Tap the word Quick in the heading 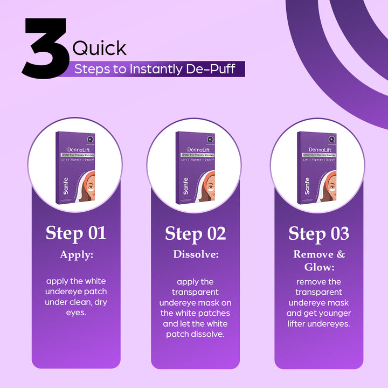pyautogui.click(x=99, y=48)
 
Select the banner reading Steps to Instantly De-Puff pyautogui.click(x=154, y=69)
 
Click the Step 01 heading pyautogui.click(x=76, y=233)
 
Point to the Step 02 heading pyautogui.click(x=195, y=233)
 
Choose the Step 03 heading pyautogui.click(x=318, y=233)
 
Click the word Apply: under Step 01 pyautogui.click(x=76, y=255)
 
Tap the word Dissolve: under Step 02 pyautogui.click(x=195, y=254)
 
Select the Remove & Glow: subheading pyautogui.click(x=318, y=260)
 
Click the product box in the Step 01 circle pyautogui.click(x=76, y=168)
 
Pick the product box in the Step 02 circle pyautogui.click(x=195, y=168)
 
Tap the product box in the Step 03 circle pyautogui.click(x=318, y=168)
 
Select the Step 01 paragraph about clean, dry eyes pyautogui.click(x=76, y=297)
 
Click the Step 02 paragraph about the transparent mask pyautogui.click(x=195, y=308)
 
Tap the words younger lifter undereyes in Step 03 pyautogui.click(x=318, y=318)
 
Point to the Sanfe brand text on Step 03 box pyautogui.click(x=307, y=186)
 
